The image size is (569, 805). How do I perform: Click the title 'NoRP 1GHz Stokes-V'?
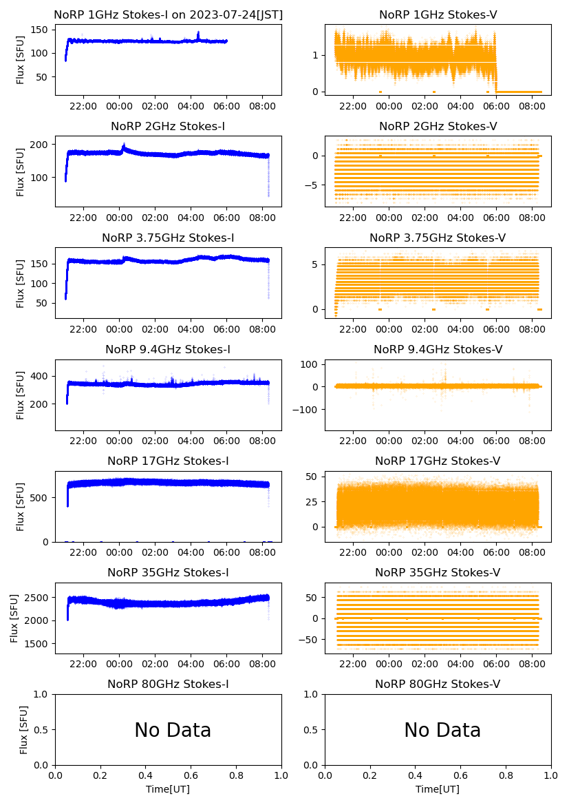438,15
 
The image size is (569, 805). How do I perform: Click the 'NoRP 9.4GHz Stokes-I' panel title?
168,350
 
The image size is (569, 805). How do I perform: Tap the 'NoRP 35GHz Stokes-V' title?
438,573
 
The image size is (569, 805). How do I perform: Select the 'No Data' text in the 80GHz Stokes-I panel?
173,730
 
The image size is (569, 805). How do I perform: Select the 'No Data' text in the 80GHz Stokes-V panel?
442,730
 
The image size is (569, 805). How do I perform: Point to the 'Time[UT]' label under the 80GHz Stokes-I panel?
168,789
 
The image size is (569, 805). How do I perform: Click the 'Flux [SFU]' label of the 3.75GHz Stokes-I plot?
21,283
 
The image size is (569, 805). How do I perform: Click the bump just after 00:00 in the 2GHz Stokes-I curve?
124,146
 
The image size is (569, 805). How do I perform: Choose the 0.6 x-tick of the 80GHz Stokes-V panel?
461,775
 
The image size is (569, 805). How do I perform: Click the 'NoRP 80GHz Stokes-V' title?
438,684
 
